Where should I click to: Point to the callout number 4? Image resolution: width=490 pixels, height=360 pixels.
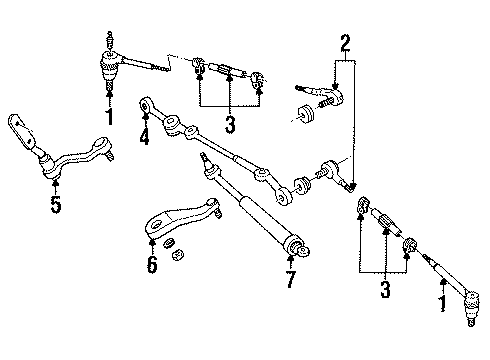click(146, 136)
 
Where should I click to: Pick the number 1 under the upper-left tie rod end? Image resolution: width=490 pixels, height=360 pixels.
click(108, 116)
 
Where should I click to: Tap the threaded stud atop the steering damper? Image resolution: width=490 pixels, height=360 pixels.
click(204, 160)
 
